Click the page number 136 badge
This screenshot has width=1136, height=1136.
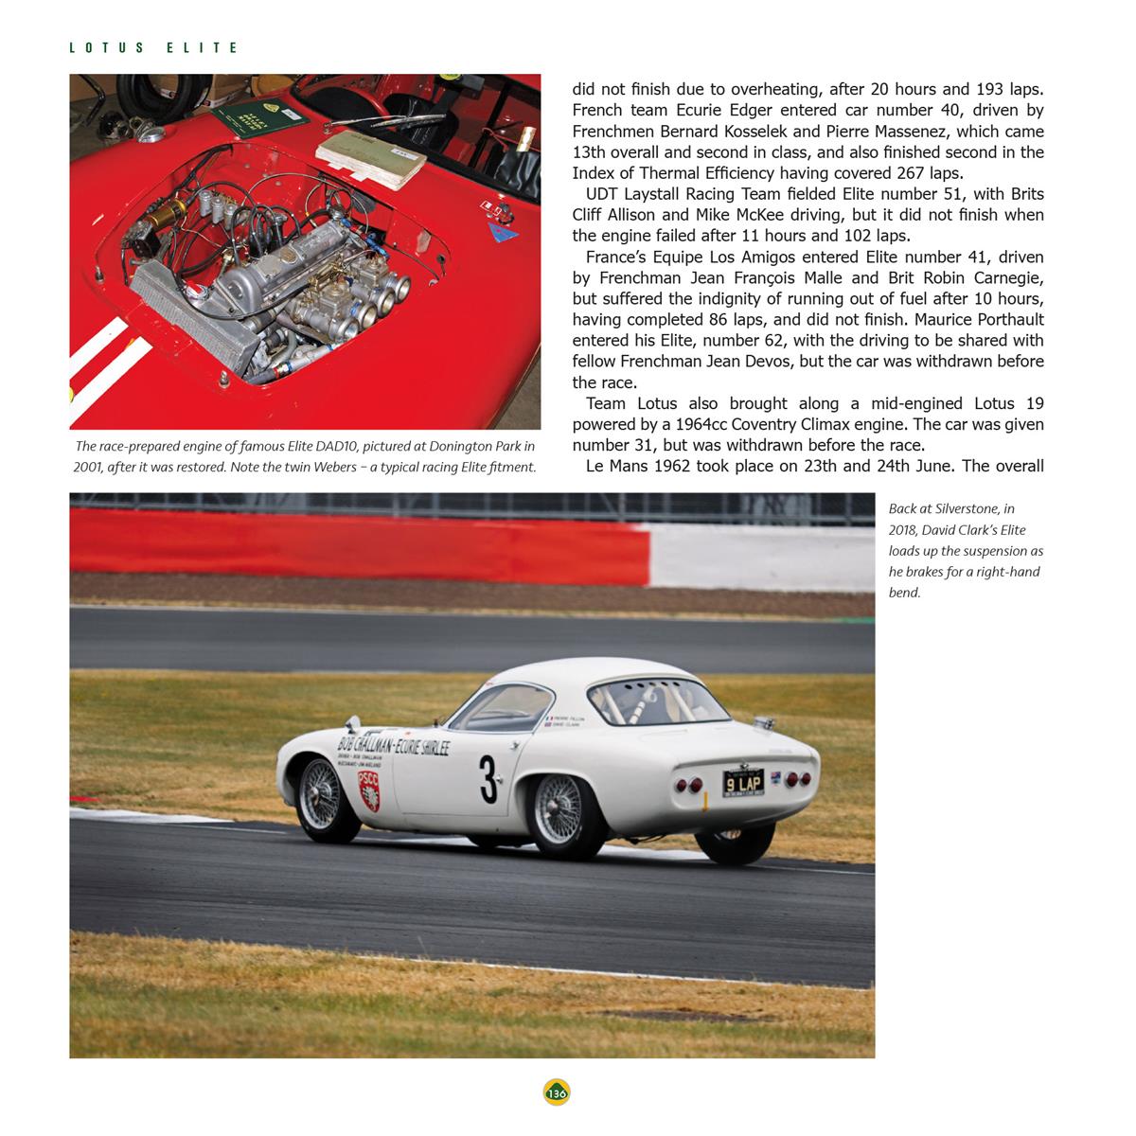(557, 1092)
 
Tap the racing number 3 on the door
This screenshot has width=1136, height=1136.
(488, 778)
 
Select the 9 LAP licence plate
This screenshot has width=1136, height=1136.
(743, 783)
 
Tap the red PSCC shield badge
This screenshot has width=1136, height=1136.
(369, 790)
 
